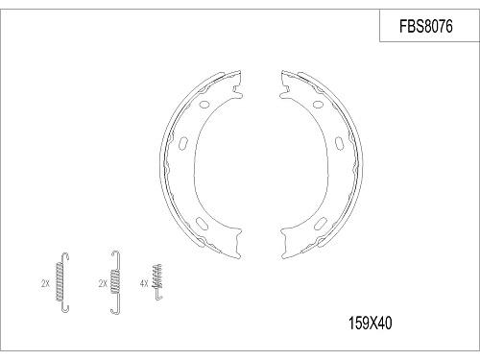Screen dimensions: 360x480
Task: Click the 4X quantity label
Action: (145, 283)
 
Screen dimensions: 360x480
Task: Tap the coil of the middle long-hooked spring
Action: (116, 279)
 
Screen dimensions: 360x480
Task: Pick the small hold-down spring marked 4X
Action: (158, 282)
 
